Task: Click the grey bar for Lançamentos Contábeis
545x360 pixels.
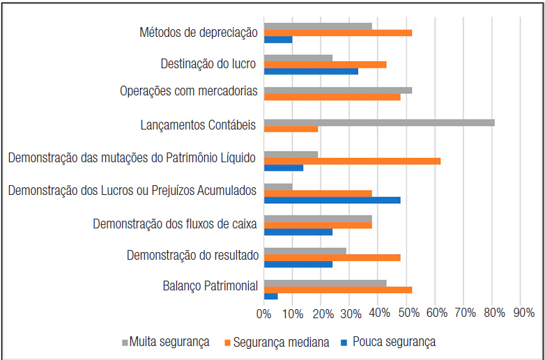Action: tap(379, 123)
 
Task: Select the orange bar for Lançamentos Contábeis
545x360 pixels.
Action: tap(291, 129)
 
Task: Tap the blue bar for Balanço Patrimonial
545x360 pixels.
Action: tap(270, 296)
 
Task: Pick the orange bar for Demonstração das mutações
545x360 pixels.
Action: tap(352, 161)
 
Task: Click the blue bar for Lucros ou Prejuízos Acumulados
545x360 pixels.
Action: tap(332, 200)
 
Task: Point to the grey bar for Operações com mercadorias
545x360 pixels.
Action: tap(338, 90)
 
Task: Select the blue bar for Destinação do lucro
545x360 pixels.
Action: tap(311, 71)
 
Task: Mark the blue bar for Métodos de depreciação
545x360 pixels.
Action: tap(278, 39)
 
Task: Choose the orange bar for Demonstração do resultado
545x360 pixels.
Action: tap(332, 257)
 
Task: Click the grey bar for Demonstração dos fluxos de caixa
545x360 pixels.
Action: tap(318, 218)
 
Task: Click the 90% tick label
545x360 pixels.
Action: tap(523, 315)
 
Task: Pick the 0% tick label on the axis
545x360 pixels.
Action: tap(264, 315)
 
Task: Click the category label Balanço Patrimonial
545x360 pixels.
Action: tap(210, 285)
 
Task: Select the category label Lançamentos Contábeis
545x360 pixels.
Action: tap(198, 125)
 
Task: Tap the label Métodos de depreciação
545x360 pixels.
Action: tap(199, 32)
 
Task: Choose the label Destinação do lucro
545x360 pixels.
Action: tap(208, 64)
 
